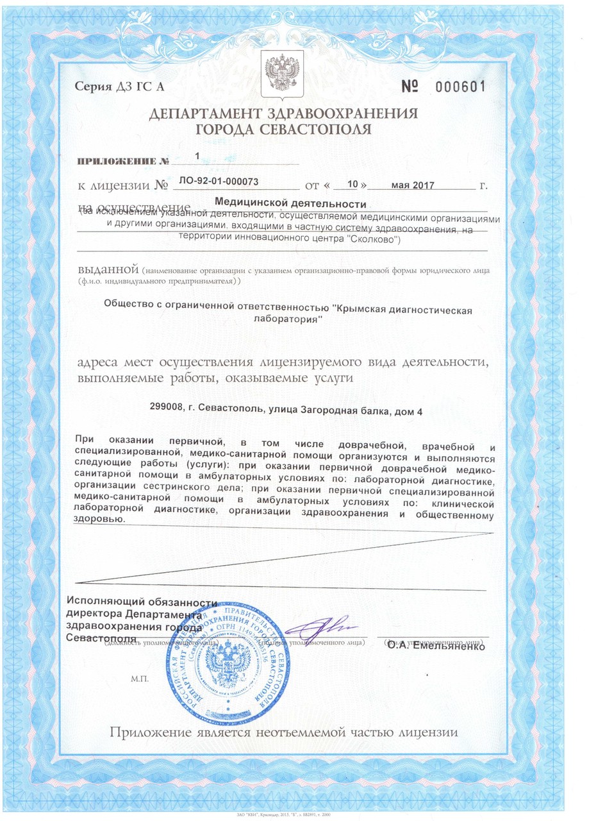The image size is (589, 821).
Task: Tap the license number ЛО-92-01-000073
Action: coord(220,182)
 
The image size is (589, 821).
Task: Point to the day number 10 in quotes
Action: coord(351,184)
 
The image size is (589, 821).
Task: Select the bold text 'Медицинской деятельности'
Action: coord(290,204)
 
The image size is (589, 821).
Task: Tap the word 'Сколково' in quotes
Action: coord(379,240)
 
